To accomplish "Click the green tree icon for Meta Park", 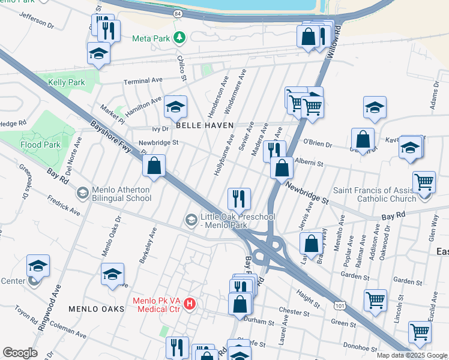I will [x=179, y=38].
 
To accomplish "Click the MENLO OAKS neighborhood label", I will [x=96, y=309].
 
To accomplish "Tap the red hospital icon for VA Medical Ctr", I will [x=190, y=304].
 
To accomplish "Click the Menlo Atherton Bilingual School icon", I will [x=83, y=193].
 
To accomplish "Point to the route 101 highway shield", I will [x=340, y=307].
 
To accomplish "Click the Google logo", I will [x=20, y=352].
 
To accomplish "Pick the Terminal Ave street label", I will [x=143, y=80].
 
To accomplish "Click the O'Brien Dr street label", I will [x=316, y=142].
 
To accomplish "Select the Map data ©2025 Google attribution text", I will [x=411, y=355].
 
